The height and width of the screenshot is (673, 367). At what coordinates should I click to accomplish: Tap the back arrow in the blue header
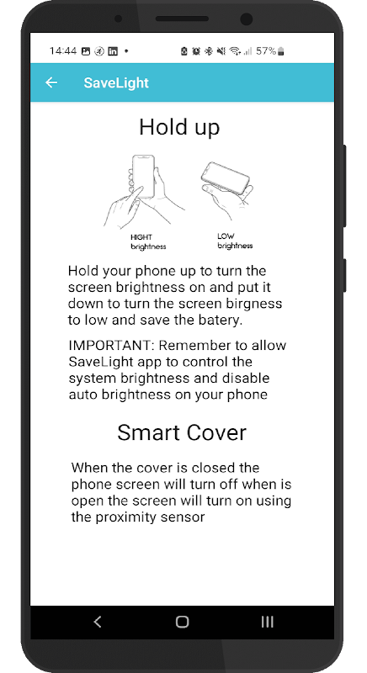[x=51, y=82]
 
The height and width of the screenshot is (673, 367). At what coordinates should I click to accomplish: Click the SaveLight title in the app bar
[x=116, y=82]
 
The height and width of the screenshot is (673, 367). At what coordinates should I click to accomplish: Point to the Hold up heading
[x=179, y=127]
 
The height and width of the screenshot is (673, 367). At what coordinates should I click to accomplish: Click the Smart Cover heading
[x=182, y=432]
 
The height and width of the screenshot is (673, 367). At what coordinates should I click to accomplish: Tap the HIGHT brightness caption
[x=148, y=241]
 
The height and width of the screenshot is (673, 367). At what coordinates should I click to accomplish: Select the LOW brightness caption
[x=235, y=241]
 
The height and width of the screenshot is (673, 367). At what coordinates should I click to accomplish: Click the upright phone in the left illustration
[x=143, y=177]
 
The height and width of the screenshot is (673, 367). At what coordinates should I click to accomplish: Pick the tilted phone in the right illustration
[x=225, y=177]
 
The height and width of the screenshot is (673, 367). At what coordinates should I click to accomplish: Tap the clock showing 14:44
[x=63, y=51]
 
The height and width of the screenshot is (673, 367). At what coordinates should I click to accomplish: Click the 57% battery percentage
[x=266, y=51]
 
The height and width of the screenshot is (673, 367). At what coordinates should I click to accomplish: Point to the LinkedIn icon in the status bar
[x=113, y=51]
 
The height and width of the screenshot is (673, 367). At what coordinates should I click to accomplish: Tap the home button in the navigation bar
[x=182, y=622]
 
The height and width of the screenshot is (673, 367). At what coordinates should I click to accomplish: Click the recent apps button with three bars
[x=267, y=622]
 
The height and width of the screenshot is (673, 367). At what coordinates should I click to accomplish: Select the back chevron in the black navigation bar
[x=98, y=622]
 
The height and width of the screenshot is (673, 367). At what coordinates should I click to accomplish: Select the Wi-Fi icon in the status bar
[x=234, y=51]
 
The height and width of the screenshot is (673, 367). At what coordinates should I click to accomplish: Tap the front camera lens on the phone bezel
[x=247, y=19]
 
